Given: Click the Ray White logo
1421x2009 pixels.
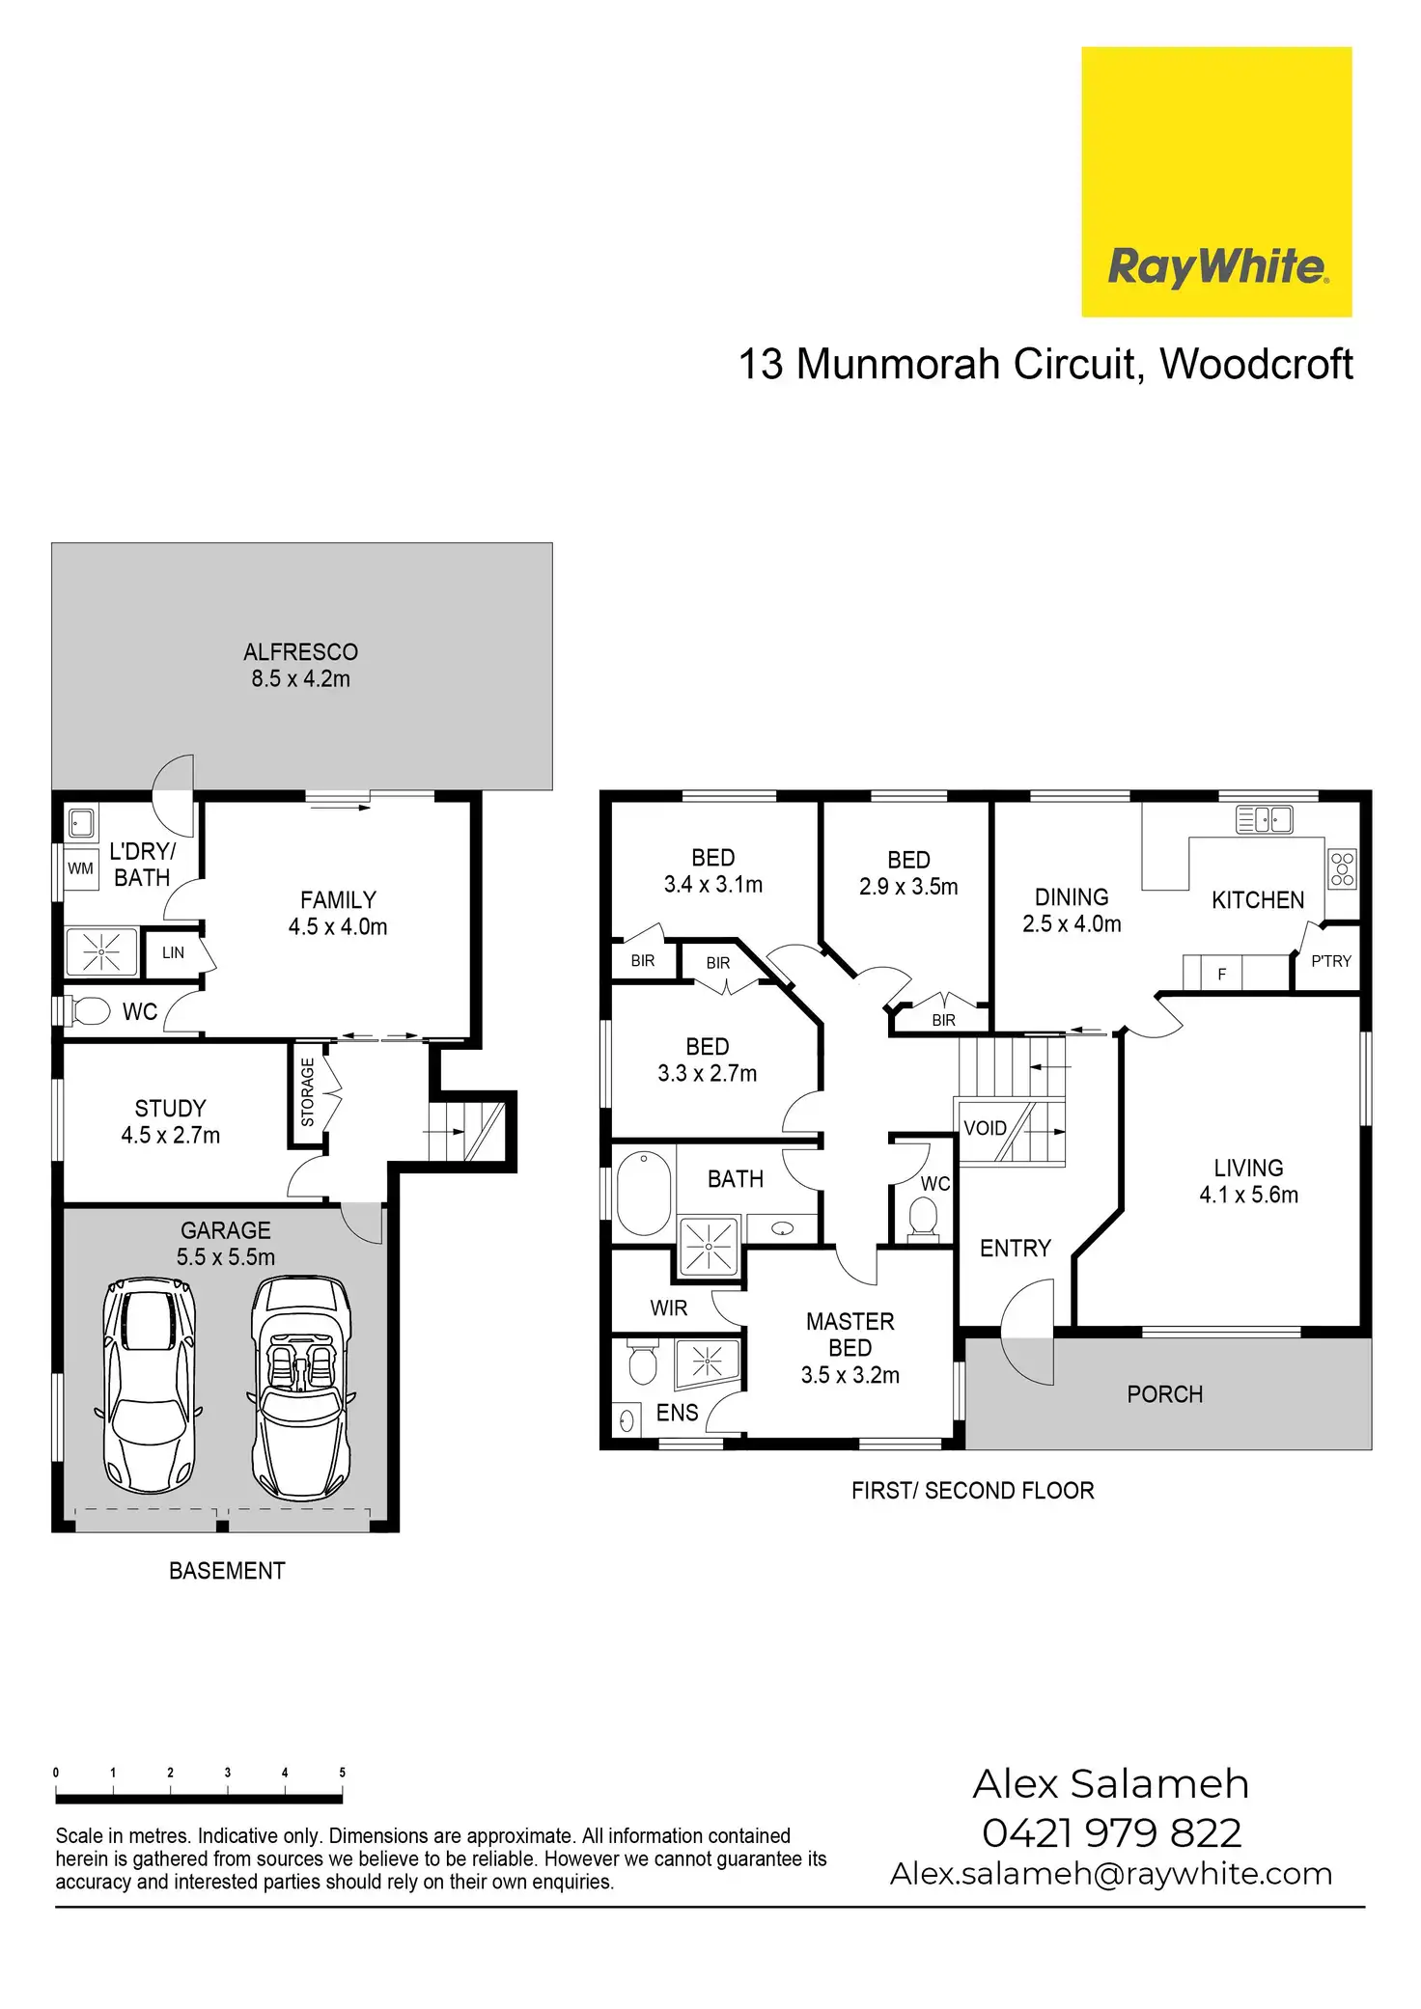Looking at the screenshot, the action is pos(1216,181).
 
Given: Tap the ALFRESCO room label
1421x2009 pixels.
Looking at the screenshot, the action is pos(300,652).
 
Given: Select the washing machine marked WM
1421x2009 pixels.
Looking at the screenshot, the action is pos(81,868).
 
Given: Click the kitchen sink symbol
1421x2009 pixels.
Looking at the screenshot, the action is pos(1265,820).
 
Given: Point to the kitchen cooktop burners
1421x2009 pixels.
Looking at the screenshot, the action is pos(1342,868).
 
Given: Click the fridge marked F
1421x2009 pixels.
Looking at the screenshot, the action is pos(1222,974).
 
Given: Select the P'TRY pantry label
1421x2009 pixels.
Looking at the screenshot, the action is pos(1331,961).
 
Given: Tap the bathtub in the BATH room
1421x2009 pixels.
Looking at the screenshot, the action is pos(644,1193).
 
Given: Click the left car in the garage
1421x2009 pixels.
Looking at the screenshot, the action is pos(149,1386).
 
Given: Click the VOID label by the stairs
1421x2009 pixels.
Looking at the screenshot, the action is pos(985,1128).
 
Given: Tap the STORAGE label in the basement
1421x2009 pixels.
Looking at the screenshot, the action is pos(308,1093).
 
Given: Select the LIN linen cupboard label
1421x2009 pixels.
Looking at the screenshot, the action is pos(173,952).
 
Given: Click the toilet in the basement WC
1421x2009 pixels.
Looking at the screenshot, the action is pos(90,1011).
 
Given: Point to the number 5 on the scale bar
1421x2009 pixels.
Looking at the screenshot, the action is pos(342,1773).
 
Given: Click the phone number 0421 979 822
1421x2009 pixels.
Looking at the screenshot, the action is pos(1111,1832).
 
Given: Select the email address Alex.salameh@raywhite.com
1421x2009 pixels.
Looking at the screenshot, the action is pos(1111,1874).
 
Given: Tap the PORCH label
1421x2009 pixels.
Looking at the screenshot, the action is pos(1164,1394).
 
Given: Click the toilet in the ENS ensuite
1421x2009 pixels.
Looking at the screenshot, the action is pos(642,1362).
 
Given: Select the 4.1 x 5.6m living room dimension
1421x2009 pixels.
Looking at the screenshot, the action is pos(1248,1195).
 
